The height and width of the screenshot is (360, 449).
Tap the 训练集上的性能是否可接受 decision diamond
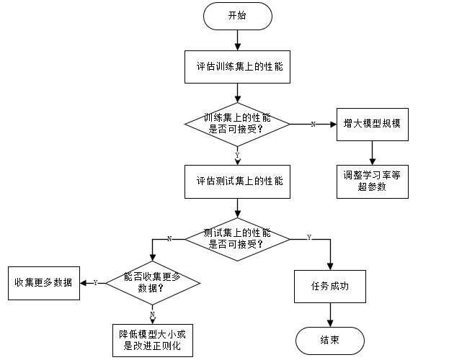click(237, 123)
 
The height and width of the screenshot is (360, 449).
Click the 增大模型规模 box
click(372, 123)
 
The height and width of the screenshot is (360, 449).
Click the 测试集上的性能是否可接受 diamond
click(237, 238)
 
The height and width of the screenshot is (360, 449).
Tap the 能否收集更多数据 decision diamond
click(152, 283)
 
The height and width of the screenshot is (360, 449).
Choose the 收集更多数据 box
click(43, 282)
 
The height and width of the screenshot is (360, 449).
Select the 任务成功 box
click(330, 286)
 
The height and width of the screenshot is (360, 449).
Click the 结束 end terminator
click(330, 339)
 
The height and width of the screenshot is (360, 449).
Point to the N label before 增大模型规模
click(313, 124)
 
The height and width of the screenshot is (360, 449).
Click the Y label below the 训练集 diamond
click(237, 154)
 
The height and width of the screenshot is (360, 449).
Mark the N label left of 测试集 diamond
click(169, 238)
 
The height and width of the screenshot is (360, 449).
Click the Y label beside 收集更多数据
click(95, 283)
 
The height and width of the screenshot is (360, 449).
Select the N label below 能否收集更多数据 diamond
click(152, 315)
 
